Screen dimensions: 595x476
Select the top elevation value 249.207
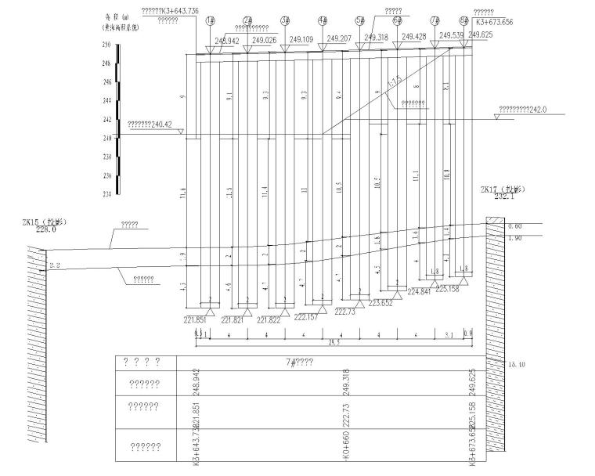click(338, 38)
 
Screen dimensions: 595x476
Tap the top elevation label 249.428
click(413, 36)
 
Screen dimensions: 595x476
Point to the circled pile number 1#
click(210, 21)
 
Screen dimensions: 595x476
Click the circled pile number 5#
click(359, 21)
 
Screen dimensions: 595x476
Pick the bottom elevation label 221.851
click(196, 319)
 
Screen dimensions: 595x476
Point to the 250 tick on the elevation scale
click(106, 45)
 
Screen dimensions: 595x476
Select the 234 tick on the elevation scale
click(106, 193)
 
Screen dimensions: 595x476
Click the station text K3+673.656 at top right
click(495, 23)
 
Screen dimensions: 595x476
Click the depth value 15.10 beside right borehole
click(517, 365)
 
